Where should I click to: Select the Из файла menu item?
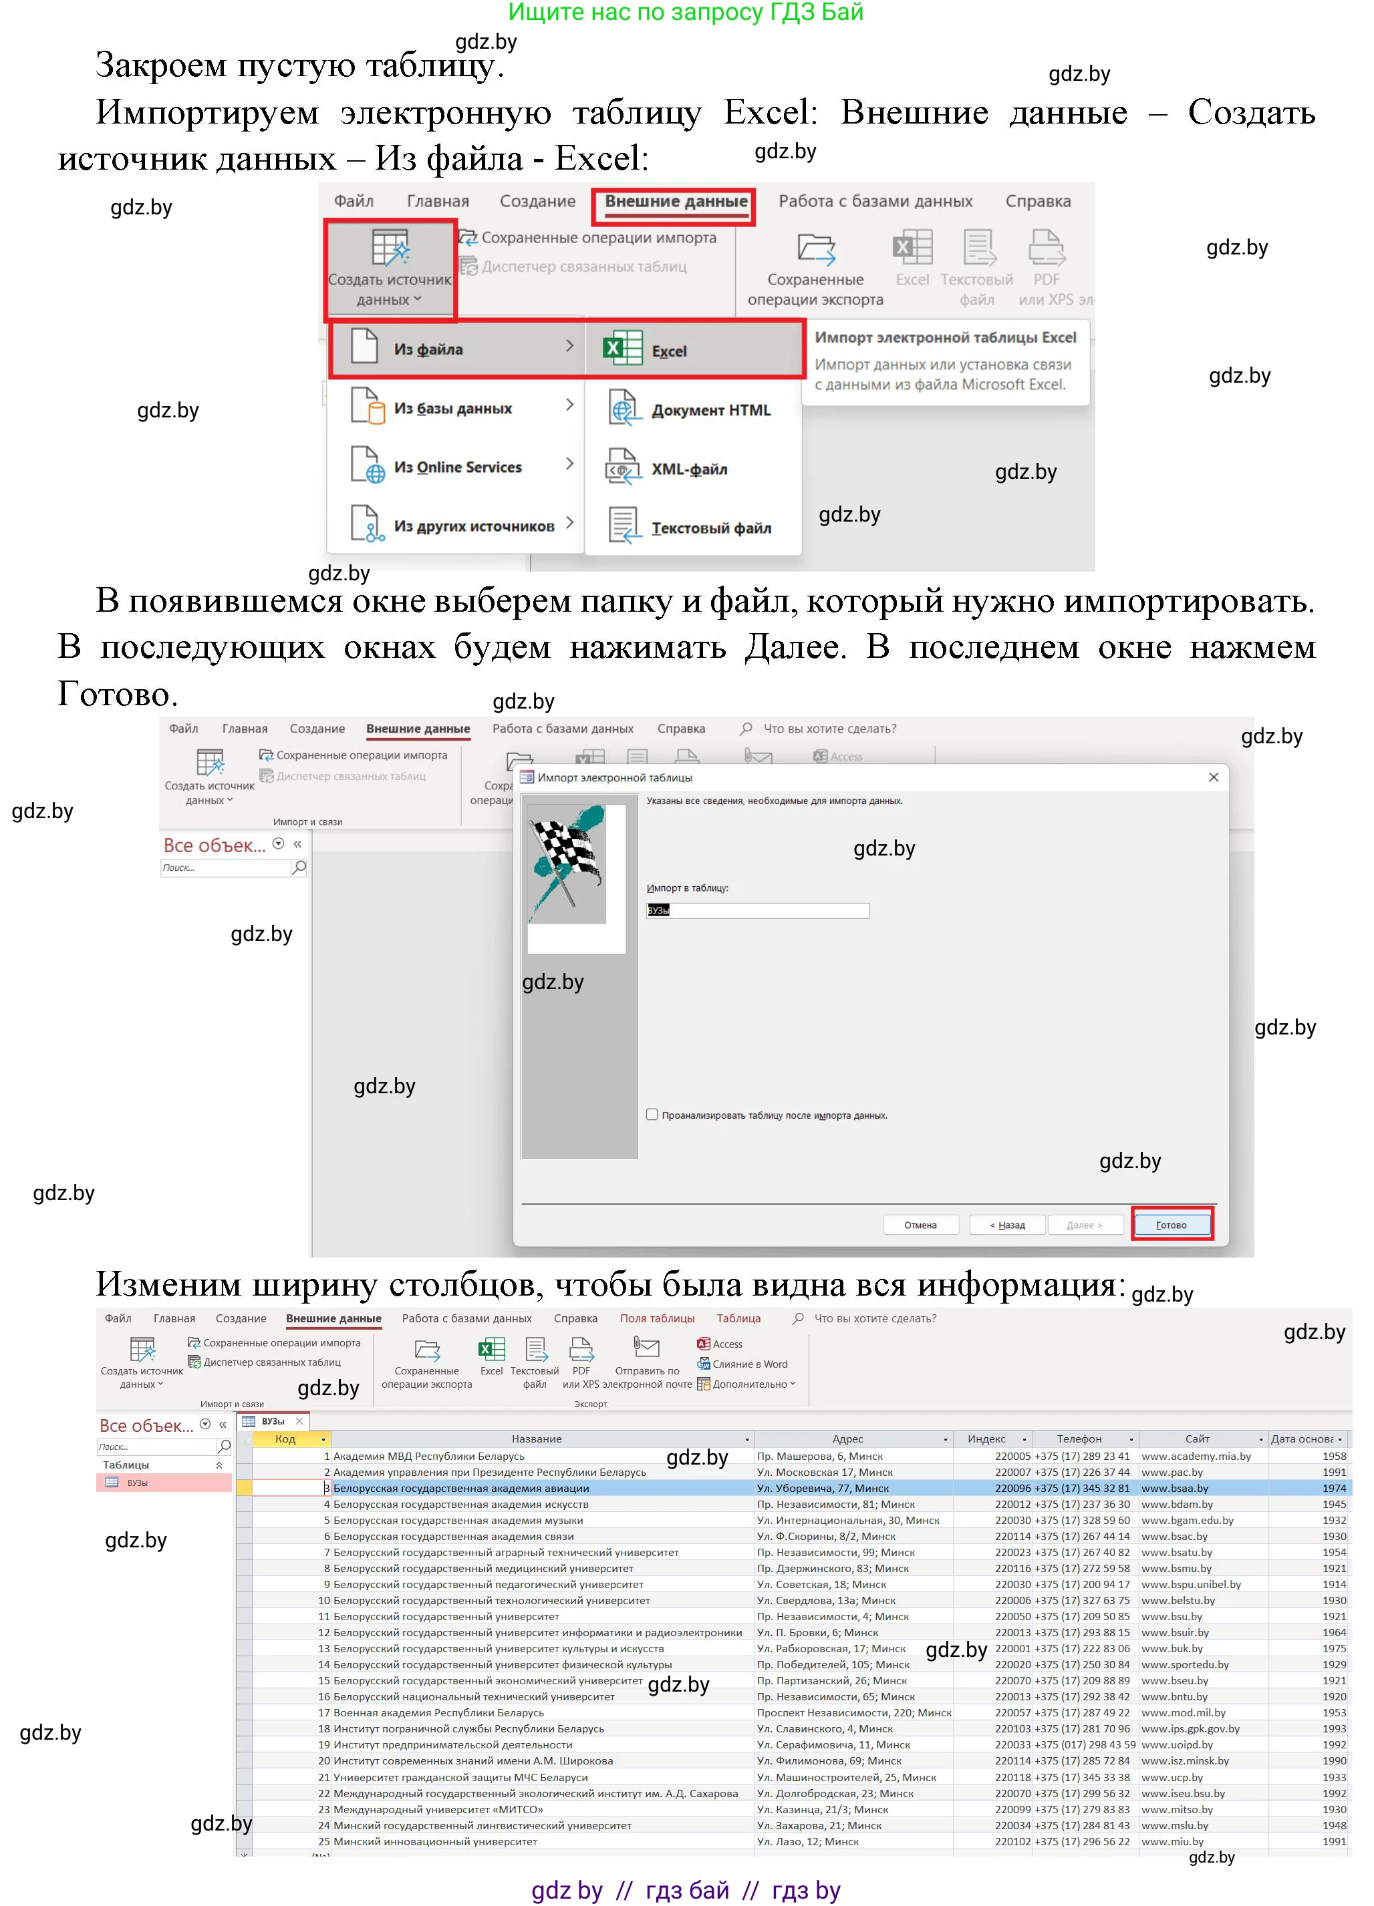click(x=429, y=349)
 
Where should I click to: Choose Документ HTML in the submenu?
click(x=710, y=410)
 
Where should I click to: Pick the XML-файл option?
click(x=689, y=469)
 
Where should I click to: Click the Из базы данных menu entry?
click(x=452, y=409)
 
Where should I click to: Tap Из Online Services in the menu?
click(x=457, y=467)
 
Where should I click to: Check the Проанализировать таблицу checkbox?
click(x=652, y=1115)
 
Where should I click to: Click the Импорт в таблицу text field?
click(x=757, y=910)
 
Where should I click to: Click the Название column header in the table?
click(x=537, y=1439)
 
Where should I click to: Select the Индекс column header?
click(x=986, y=1439)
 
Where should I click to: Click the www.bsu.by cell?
click(x=1172, y=1616)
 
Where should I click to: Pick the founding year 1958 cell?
click(x=1334, y=1457)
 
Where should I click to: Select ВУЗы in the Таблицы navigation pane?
click(x=137, y=1483)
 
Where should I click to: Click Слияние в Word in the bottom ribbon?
click(x=749, y=1364)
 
